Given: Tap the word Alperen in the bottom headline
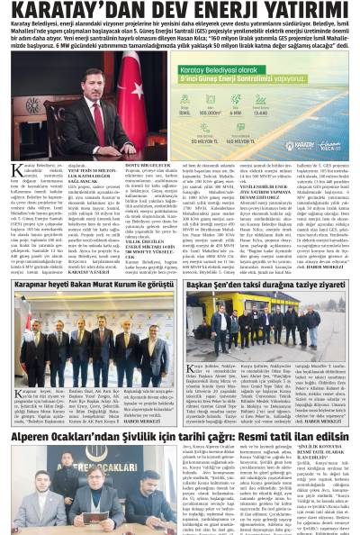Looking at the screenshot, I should pos(35,435).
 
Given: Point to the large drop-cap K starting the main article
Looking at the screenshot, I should pos(18,171).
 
